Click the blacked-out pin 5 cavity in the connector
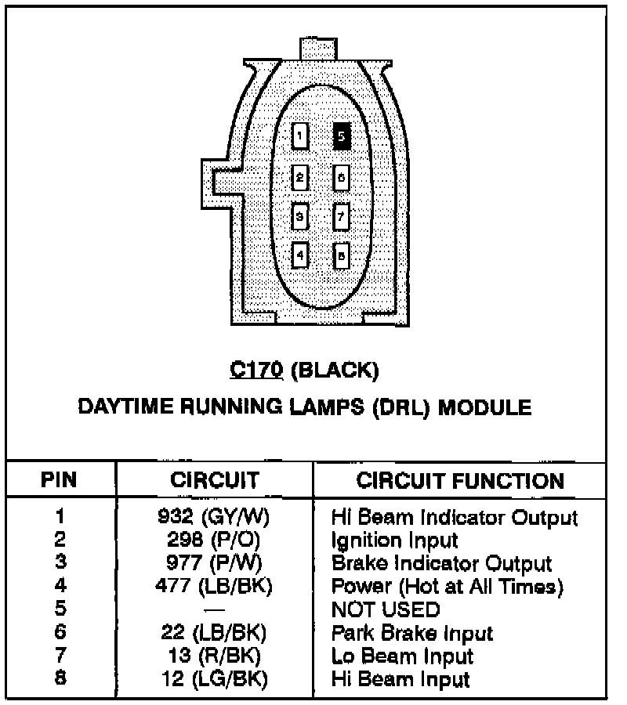click(x=342, y=136)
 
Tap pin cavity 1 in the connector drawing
click(x=300, y=136)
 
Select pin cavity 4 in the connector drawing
click(x=300, y=255)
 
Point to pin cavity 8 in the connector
click(x=342, y=255)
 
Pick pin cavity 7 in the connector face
click(x=342, y=215)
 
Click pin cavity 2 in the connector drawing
click(x=300, y=177)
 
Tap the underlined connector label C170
click(x=256, y=370)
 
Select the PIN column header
click(x=59, y=479)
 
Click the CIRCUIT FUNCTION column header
click(x=460, y=480)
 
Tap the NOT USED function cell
click(x=386, y=609)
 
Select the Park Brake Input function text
click(x=412, y=633)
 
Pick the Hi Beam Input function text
click(x=400, y=679)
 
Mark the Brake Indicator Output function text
click(x=441, y=563)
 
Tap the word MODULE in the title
click(x=483, y=407)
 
